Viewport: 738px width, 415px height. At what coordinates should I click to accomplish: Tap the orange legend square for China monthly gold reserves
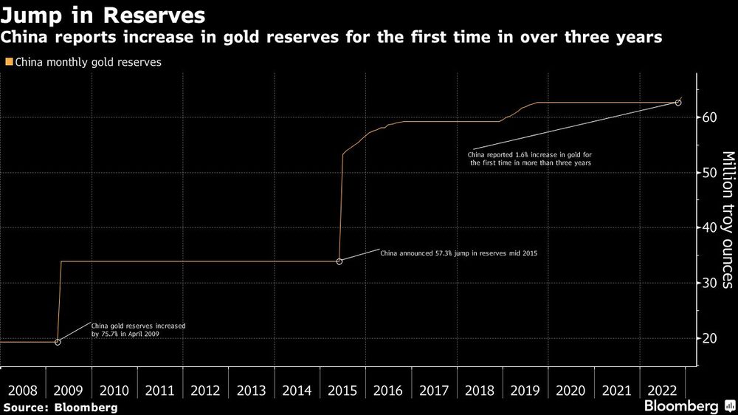(x=8, y=62)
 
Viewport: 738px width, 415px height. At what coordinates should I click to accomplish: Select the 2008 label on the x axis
(x=23, y=389)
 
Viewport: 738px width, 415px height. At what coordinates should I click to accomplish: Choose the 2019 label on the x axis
(x=525, y=389)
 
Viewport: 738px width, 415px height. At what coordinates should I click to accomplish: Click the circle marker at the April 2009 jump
(x=58, y=342)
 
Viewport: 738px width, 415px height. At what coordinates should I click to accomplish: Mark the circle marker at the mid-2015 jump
(x=339, y=261)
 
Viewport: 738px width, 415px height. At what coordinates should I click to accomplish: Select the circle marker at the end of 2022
(x=679, y=103)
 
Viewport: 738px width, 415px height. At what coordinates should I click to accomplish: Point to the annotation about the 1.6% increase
(x=530, y=157)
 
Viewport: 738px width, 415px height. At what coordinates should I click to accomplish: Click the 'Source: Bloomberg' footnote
(x=60, y=407)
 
